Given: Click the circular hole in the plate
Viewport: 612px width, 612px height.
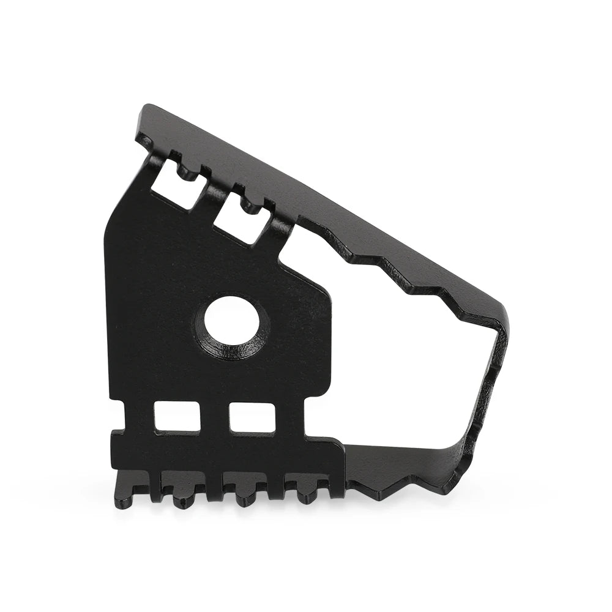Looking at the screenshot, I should click(231, 320).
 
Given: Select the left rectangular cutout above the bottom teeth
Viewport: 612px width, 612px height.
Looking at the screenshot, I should click(177, 416).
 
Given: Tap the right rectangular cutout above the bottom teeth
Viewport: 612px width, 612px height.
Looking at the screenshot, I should click(252, 417).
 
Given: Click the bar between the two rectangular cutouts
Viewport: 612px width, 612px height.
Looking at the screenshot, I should click(214, 416).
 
